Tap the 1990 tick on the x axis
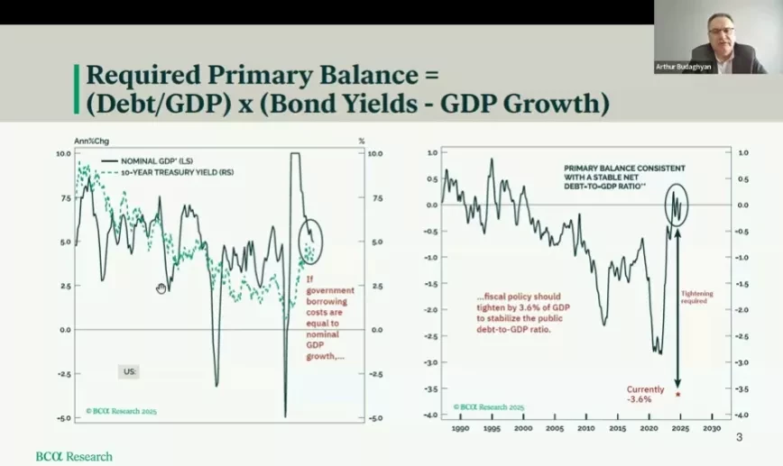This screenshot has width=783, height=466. (459, 428)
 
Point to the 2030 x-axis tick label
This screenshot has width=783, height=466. (710, 428)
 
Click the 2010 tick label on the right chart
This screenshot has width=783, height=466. (585, 428)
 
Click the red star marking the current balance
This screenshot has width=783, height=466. (677, 394)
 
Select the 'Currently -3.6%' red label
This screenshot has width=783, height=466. (646, 394)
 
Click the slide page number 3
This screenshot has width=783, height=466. (739, 438)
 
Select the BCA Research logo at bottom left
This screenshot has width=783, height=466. (74, 456)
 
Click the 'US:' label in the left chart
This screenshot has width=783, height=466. (129, 370)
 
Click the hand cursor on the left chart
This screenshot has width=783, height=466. (161, 288)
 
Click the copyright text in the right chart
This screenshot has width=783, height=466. (488, 407)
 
